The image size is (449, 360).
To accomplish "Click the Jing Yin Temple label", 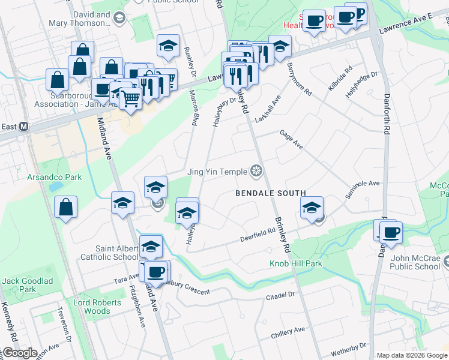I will point(217,172).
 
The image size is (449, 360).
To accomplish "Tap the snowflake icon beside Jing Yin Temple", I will point(257,172).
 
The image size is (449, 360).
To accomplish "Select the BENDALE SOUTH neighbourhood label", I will point(270,193).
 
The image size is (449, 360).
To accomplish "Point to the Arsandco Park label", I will point(54,178).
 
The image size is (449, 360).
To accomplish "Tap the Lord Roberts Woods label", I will point(92,307).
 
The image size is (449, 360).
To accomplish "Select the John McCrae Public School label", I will point(416,263).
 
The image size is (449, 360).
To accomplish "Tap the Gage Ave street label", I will point(291,142).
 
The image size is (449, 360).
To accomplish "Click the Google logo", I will point(19,353).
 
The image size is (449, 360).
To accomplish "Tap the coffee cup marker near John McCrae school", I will point(391,232).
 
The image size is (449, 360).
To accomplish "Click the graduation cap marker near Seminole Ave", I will point(312,208).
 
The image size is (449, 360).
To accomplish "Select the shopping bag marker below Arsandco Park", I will point(66,208).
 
